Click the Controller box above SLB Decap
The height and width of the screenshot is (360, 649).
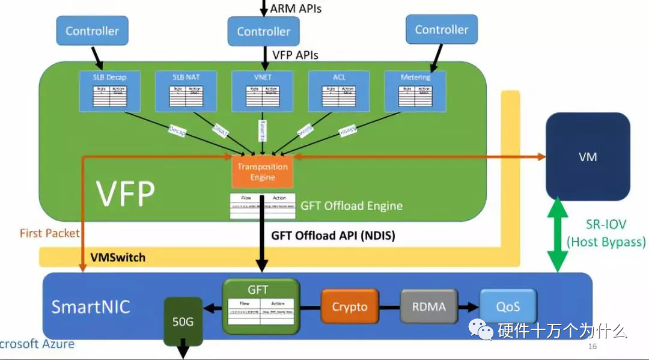pos(92,31)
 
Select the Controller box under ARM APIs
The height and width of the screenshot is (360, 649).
pos(263,31)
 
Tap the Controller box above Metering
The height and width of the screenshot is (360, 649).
pos(441,29)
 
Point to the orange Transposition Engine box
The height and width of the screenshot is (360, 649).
pos(263,171)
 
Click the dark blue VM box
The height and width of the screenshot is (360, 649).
pos(587,156)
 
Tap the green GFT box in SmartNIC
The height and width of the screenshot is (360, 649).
pos(261,305)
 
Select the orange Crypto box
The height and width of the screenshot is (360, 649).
pos(349,307)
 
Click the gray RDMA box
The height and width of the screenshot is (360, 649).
pos(428,307)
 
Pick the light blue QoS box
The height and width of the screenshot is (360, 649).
pos(508,307)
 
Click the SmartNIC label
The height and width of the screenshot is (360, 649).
pos(90,307)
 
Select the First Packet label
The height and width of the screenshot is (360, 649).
pos(49,233)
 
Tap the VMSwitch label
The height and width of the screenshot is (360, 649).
pos(118,257)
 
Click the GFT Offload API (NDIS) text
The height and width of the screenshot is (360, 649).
pos(333,236)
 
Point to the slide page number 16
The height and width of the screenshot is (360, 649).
pos(593,347)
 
